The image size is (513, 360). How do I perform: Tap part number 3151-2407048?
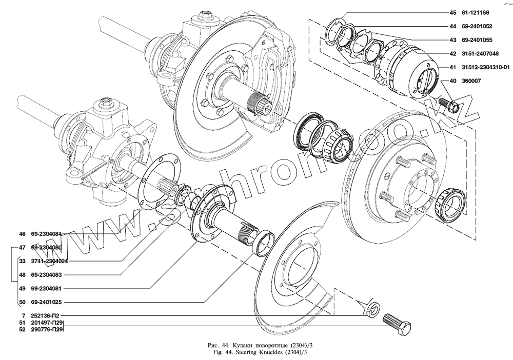point(476,53)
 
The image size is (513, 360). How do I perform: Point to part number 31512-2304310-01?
point(485,67)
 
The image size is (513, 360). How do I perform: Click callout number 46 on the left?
point(22,234)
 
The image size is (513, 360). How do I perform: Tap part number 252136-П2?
point(47,316)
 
